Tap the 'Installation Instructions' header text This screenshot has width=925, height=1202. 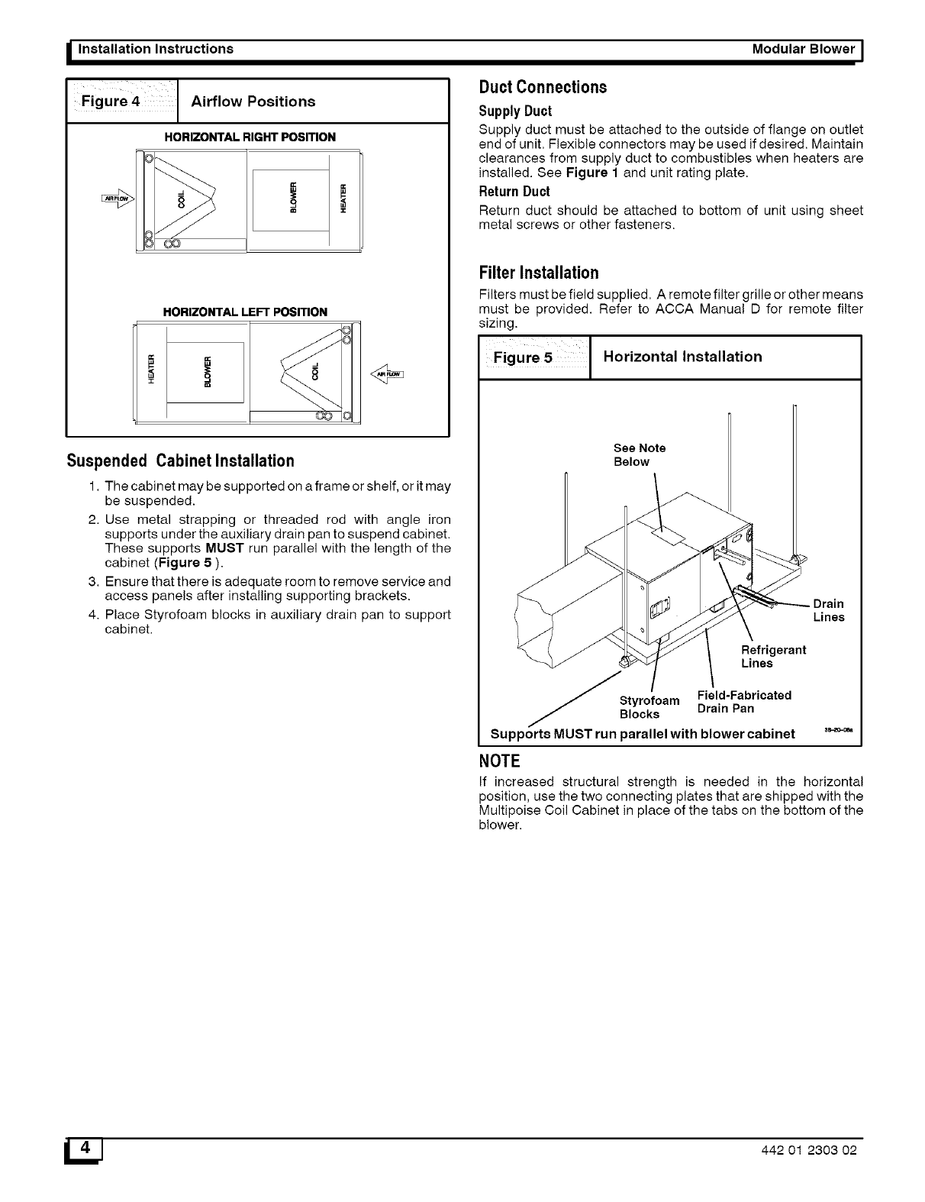[152, 49]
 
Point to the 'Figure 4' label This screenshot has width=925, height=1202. [111, 102]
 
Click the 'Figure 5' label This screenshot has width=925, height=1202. [523, 357]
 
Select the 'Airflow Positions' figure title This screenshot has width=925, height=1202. [253, 102]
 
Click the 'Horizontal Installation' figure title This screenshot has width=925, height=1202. [682, 357]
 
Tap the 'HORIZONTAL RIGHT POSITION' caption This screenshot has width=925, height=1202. [250, 137]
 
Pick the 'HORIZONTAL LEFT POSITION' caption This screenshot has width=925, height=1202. [245, 312]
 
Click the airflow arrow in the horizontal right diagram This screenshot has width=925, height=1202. [117, 199]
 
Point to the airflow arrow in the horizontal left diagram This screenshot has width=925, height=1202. [387, 373]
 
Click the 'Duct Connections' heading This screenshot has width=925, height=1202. [543, 87]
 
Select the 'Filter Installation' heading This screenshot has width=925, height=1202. [538, 273]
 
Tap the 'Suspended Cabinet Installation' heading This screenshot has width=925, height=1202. [180, 461]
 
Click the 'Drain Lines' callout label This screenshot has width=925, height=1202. [829, 610]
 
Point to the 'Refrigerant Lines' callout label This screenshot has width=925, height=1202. [773, 657]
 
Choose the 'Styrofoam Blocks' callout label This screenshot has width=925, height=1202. [649, 707]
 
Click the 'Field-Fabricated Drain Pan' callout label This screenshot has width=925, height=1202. [744, 702]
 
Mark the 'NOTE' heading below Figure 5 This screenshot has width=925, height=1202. [499, 761]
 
